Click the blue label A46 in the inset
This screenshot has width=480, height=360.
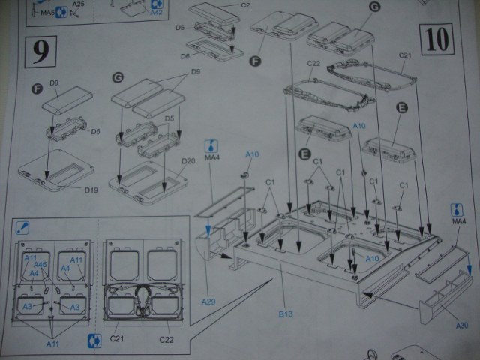coord(40,265)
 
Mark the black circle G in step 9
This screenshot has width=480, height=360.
coord(117,77)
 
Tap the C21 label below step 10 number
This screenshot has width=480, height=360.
coord(406,56)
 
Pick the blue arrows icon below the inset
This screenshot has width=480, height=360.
coord(94,339)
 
